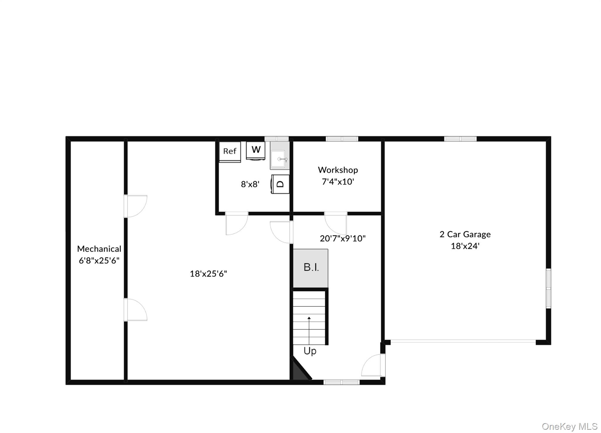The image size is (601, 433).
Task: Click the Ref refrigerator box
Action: tap(230, 152)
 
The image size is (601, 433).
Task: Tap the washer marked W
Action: tap(256, 151)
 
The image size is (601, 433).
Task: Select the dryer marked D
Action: tap(280, 184)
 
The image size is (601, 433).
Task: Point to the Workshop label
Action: tap(338, 170)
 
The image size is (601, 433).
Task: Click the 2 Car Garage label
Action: tap(465, 234)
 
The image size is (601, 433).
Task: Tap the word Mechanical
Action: tap(99, 249)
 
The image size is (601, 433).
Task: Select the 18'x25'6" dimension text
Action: tap(208, 274)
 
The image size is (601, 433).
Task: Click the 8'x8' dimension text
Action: tap(250, 184)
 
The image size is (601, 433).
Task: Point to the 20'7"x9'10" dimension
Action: tap(342, 238)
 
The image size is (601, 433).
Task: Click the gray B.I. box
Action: tap(310, 268)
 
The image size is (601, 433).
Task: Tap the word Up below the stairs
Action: tap(310, 351)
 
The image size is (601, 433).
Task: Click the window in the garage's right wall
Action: tap(548, 288)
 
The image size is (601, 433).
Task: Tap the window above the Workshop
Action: tap(342, 139)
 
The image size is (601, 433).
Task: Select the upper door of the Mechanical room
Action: tap(135, 206)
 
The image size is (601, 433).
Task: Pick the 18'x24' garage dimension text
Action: tap(465, 246)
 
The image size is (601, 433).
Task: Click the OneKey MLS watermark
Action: tap(570, 426)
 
